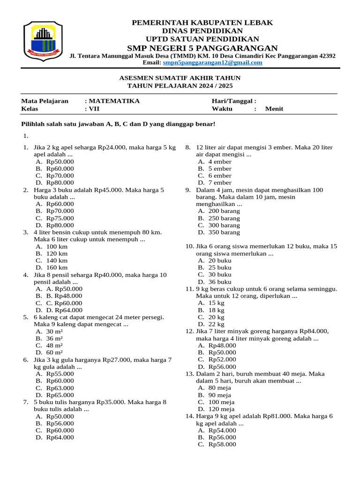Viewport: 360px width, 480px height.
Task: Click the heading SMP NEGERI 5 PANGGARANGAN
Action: click(202, 48)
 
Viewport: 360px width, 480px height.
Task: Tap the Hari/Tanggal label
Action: click(234, 101)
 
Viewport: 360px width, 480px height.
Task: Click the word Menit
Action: click(274, 109)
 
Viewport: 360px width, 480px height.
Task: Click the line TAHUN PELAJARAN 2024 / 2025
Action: click(180, 86)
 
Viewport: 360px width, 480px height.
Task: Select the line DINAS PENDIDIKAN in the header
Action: click(202, 30)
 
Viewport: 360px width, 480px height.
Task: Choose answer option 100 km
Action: click(57, 246)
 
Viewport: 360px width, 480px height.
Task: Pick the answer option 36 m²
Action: click(55, 338)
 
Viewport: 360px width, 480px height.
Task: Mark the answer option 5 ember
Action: click(219, 168)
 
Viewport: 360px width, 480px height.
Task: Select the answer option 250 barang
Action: click(224, 218)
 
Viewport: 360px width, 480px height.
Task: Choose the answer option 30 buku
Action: click(219, 274)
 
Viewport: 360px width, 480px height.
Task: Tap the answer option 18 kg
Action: click(216, 310)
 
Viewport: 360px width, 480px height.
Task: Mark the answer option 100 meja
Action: click(220, 402)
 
